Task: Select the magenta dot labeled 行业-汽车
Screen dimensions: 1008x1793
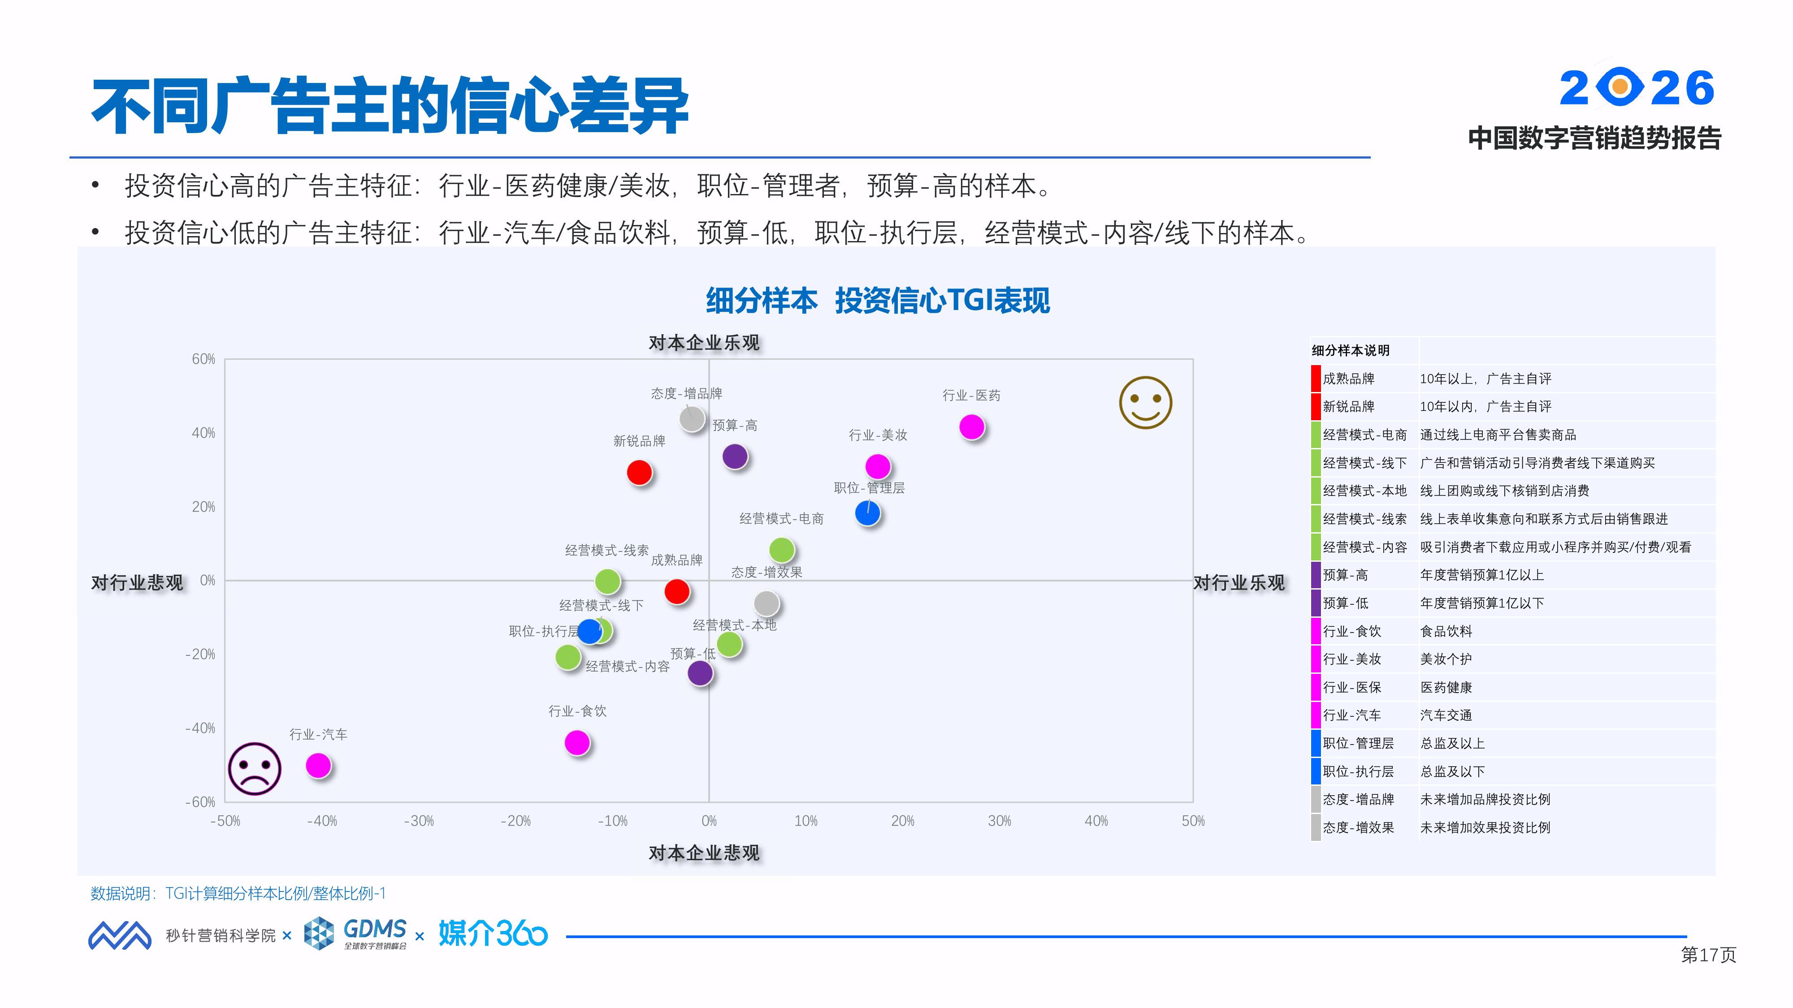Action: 318,765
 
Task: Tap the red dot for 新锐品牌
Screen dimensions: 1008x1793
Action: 639,472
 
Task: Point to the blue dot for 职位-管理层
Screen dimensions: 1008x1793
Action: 867,513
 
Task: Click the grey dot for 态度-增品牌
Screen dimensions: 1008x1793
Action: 691,419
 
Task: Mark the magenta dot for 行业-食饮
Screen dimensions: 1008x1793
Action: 577,742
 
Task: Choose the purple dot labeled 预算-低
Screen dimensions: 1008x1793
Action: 700,673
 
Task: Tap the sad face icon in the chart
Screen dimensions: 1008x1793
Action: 255,769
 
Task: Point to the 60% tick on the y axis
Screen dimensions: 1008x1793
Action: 203,359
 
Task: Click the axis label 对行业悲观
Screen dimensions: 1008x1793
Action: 137,582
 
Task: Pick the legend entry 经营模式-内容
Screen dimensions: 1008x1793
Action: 1364,547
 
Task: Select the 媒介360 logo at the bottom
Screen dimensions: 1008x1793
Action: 493,934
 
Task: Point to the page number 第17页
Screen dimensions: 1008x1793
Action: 1708,954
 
